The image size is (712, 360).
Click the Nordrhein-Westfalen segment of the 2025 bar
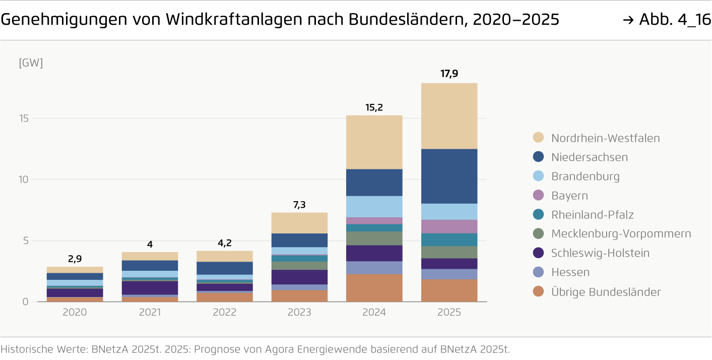449,116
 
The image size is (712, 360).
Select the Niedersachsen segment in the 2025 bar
449,176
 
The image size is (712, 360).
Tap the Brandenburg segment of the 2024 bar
374,206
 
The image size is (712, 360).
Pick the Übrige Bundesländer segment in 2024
374,287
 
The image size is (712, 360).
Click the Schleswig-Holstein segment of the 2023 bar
299,277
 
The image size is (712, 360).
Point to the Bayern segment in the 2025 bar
449,226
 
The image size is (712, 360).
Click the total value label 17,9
449,74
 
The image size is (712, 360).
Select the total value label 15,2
374,107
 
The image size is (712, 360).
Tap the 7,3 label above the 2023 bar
299,205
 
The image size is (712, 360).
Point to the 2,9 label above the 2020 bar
75,259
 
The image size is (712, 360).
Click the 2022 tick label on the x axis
224,313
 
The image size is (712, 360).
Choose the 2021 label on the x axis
150,313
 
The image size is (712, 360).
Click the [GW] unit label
31,64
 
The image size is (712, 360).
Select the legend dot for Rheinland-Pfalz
538,215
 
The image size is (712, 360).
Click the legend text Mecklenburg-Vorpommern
621,234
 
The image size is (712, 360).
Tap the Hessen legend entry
570,272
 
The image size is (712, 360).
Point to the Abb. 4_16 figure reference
675,20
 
